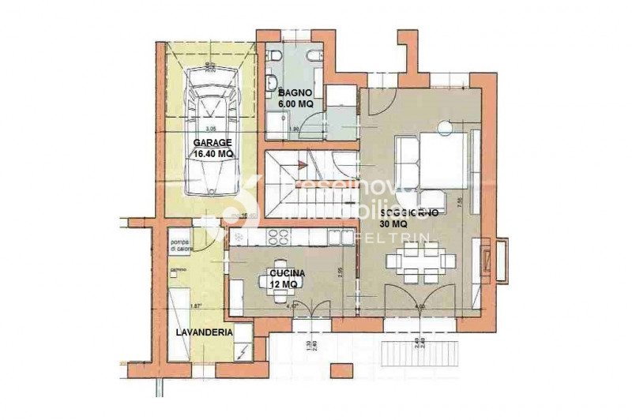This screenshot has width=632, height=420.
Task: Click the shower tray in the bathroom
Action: tap(277, 122)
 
